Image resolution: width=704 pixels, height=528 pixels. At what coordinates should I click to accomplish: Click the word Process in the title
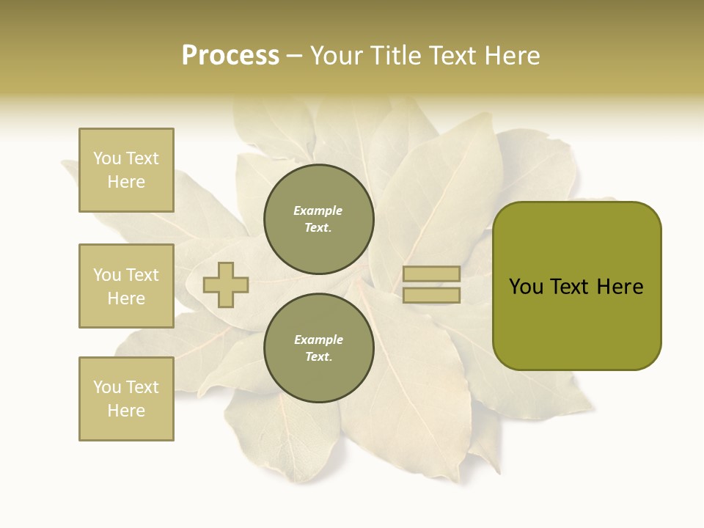[230, 56]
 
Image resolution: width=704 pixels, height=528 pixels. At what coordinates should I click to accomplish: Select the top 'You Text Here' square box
[126, 170]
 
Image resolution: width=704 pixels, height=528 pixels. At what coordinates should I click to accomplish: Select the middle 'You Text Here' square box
[126, 286]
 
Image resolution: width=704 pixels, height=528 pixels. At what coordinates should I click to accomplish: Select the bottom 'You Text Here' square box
[126, 399]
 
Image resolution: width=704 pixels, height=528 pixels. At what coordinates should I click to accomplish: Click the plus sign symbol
[226, 285]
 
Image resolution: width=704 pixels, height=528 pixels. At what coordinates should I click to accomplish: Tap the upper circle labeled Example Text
[318, 219]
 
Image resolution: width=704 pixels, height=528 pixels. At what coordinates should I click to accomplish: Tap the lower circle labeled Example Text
[318, 348]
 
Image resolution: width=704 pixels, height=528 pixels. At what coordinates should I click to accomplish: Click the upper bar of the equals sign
[431, 274]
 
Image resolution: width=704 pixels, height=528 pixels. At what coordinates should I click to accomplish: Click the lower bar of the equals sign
[431, 296]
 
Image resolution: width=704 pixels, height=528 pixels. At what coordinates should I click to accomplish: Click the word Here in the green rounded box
[620, 287]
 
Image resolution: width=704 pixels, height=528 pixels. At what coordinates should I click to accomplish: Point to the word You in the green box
[526, 287]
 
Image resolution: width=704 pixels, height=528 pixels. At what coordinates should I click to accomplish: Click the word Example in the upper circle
[318, 210]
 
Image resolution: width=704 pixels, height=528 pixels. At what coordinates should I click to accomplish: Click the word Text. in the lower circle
[318, 357]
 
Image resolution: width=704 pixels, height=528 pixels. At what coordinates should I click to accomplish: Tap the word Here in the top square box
[126, 182]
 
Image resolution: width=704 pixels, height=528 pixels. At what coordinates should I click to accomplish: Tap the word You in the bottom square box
[107, 387]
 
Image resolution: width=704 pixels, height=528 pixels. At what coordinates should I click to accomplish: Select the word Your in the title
[338, 56]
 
